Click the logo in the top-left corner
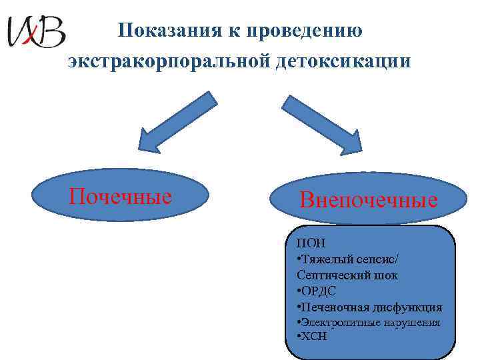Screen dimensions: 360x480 point(36,31)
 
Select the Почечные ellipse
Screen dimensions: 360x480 point(121,196)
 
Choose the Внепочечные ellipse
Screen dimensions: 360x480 point(369,199)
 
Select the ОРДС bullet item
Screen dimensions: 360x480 point(317,291)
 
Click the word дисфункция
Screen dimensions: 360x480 point(407,307)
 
